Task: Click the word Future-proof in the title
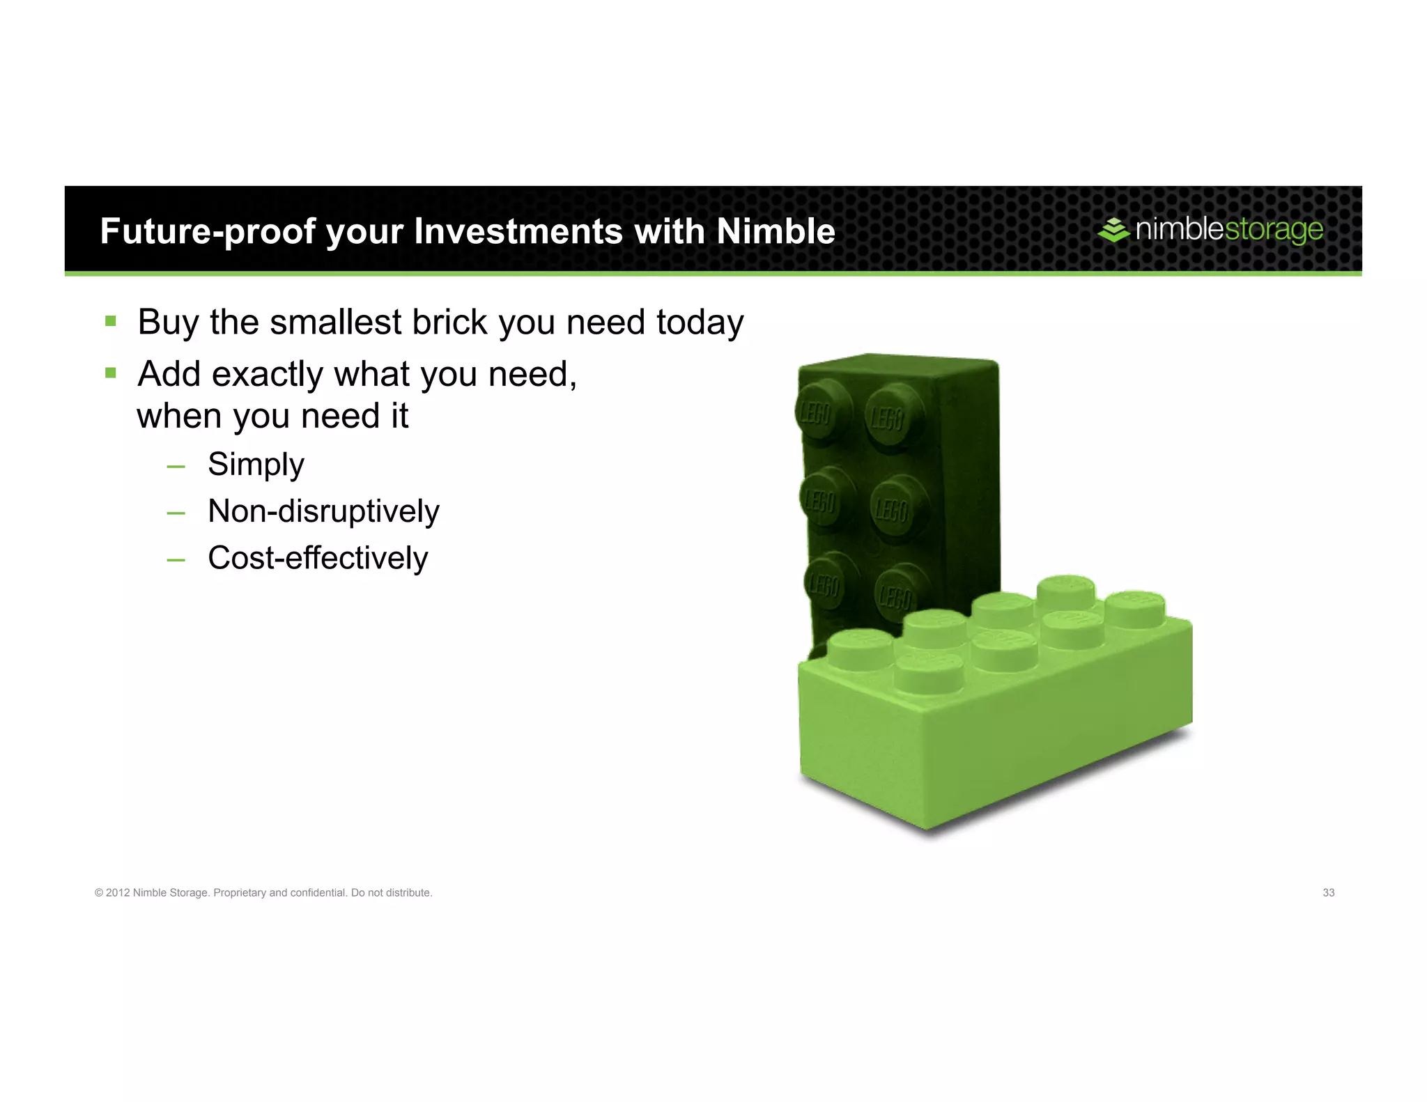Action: (208, 231)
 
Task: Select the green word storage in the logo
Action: (1274, 230)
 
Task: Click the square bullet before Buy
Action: (110, 321)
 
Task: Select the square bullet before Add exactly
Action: (110, 373)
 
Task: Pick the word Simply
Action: (256, 465)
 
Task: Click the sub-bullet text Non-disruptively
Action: (323, 511)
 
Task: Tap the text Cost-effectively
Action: (318, 558)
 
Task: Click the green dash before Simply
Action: (176, 466)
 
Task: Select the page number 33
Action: (1328, 893)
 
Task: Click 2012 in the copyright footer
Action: (117, 893)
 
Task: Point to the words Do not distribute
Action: (391, 893)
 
